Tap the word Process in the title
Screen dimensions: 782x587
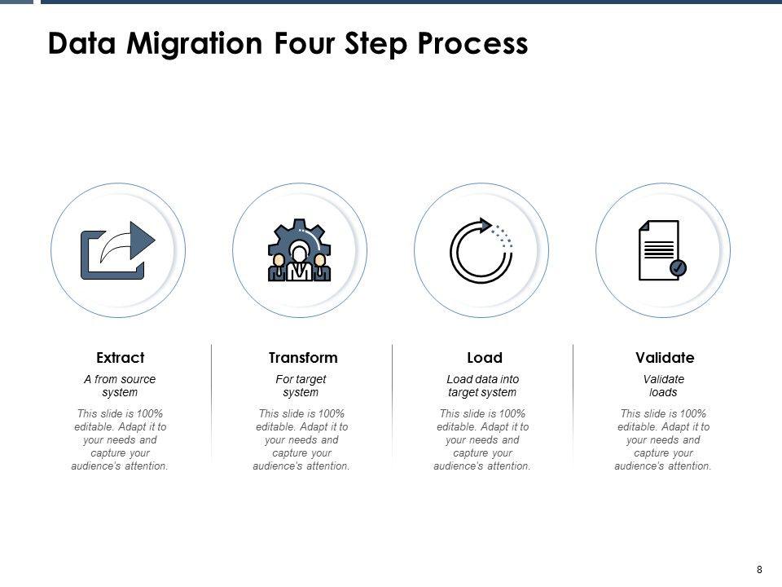click(x=474, y=43)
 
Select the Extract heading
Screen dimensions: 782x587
click(x=120, y=358)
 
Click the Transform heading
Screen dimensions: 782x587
click(x=303, y=358)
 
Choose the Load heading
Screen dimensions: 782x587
click(x=485, y=358)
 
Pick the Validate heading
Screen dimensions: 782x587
click(x=665, y=358)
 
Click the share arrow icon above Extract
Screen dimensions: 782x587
click(x=118, y=249)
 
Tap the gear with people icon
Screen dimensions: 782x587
click(x=300, y=249)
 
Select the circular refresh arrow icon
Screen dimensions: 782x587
click(x=481, y=249)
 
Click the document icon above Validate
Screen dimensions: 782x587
click(x=660, y=249)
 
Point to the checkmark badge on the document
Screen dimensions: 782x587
click(x=678, y=267)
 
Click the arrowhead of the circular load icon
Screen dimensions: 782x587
click(x=487, y=225)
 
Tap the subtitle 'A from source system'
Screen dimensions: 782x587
click(x=120, y=386)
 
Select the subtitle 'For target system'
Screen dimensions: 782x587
click(x=301, y=386)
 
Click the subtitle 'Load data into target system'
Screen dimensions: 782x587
click(x=482, y=386)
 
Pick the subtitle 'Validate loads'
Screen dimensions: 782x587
click(x=664, y=386)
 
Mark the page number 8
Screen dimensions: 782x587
click(x=759, y=569)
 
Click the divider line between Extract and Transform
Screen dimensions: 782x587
click(x=212, y=404)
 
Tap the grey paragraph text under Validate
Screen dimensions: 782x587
click(x=663, y=439)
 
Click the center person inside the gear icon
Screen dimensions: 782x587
click(x=300, y=261)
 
